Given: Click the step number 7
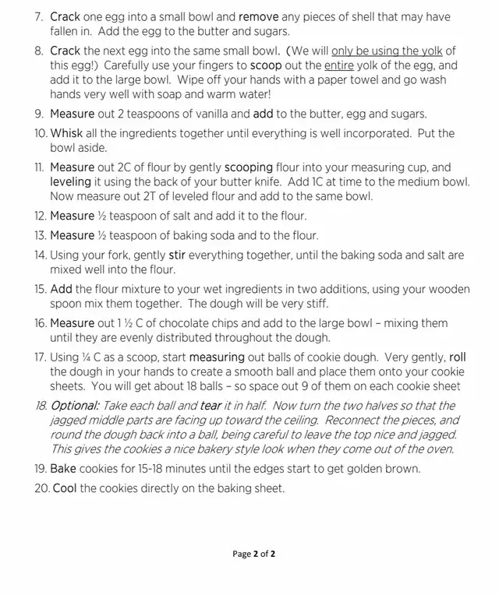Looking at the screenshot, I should [39, 16].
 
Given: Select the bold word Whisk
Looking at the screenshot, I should [66, 133].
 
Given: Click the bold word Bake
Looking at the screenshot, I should [64, 469].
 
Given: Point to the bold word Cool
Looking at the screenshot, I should [63, 488].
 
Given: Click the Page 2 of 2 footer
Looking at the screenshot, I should [254, 555].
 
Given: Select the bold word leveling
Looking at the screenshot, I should [71, 181].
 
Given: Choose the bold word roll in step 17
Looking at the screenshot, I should [458, 357].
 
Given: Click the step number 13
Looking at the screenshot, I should [39, 235].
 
